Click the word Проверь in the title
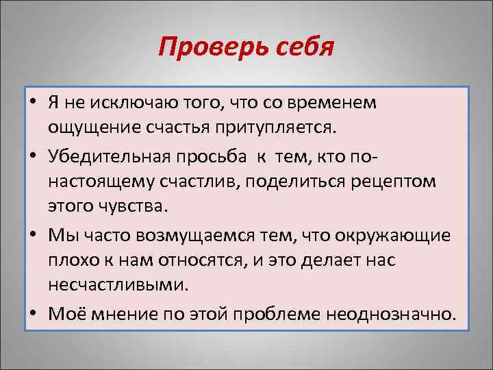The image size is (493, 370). pos(203,47)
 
